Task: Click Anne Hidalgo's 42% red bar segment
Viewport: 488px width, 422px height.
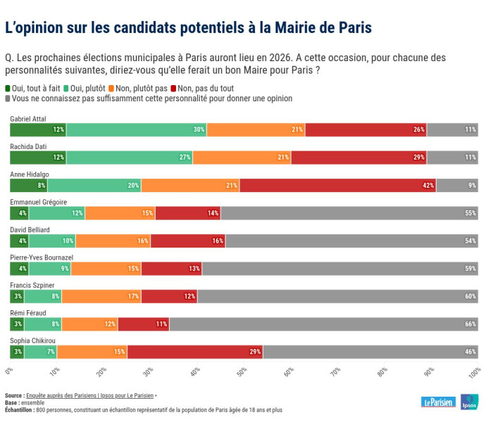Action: pos(337,185)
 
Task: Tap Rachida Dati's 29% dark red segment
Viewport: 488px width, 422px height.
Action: pos(358,157)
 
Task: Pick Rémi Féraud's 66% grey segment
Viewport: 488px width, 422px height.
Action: pos(323,324)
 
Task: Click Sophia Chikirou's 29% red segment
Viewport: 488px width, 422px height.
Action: pos(194,352)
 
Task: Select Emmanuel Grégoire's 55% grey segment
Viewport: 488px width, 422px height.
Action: pos(349,212)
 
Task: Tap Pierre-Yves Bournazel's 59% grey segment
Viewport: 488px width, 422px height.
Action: pos(340,268)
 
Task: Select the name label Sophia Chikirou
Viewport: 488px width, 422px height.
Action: pos(32,341)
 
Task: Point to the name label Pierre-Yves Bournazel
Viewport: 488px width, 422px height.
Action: pos(41,257)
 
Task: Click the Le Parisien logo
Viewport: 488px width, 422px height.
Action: pos(438,402)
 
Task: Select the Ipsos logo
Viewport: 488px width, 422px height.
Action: pos(470,402)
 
